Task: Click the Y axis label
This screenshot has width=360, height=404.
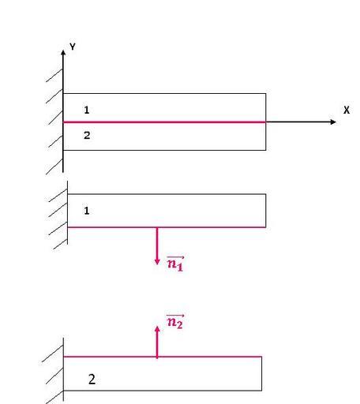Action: tap(73, 47)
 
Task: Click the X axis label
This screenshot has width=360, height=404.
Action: tap(347, 110)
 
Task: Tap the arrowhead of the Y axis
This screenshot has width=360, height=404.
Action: tap(63, 53)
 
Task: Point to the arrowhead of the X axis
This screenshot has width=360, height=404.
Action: tap(333, 122)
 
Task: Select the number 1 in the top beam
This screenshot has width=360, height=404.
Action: tap(87, 110)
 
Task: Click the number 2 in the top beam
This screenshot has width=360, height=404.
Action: tap(87, 135)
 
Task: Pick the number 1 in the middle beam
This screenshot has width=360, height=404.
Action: tap(87, 211)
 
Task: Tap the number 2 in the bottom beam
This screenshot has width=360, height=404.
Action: tap(92, 380)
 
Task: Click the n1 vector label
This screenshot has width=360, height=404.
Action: tap(175, 264)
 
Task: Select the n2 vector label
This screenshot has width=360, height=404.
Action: tap(175, 321)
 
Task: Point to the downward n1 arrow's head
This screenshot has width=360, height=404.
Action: tap(157, 261)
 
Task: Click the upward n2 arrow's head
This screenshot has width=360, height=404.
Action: tap(157, 329)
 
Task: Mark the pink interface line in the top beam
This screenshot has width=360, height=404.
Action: tap(164, 122)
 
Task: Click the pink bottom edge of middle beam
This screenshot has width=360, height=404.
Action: tap(167, 227)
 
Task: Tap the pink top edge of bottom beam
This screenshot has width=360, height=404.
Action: tap(163, 357)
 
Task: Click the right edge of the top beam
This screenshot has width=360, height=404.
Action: tap(266, 122)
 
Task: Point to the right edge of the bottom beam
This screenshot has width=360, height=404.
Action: tap(261, 373)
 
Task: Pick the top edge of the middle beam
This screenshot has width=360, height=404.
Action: tap(167, 194)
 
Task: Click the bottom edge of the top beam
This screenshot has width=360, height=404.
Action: tap(164, 150)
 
